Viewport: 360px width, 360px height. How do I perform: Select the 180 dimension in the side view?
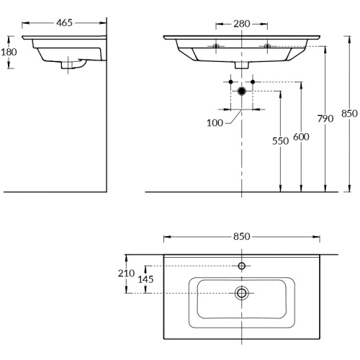pos(9,52)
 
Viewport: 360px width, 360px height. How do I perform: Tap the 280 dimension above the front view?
pos(241,24)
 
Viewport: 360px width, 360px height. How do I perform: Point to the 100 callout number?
pos(215,123)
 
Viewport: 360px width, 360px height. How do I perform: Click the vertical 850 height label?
pos(349,113)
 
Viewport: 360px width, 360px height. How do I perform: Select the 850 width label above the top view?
pos(241,236)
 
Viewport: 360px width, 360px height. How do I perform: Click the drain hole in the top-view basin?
pos(241,292)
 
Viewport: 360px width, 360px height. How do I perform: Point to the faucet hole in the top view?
pos(241,266)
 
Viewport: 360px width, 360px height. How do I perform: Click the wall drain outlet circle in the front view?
pos(241,91)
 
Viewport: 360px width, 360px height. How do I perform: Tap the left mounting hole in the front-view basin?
pos(216,46)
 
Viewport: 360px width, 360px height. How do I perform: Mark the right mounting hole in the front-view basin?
pos(267,46)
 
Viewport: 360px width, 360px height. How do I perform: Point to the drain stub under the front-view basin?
pos(241,65)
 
